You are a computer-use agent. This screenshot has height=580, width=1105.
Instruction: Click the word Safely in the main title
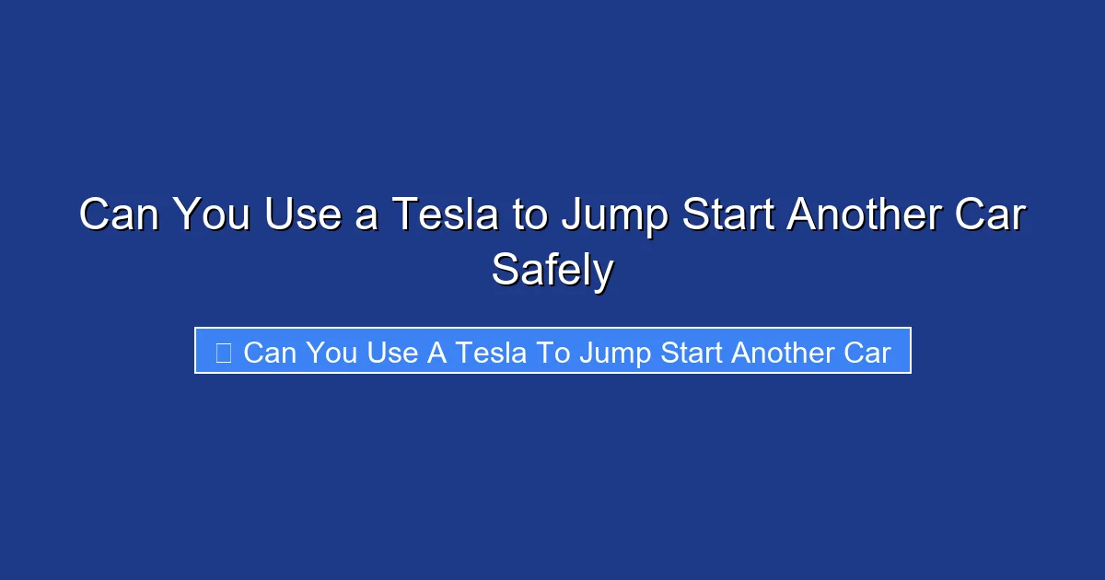coord(552,270)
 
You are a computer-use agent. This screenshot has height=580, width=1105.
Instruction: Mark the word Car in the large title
coord(991,215)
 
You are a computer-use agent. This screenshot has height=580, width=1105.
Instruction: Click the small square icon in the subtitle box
coord(223,352)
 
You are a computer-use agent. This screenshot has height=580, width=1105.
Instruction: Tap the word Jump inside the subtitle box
coord(613,352)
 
